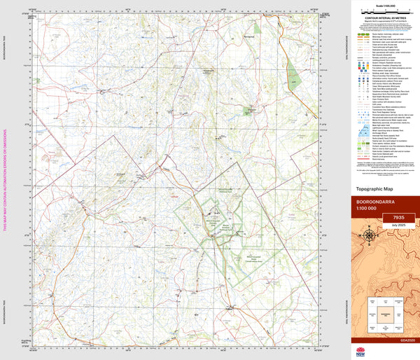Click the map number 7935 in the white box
point(399,218)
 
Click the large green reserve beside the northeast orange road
point(295,77)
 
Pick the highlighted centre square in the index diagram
point(383,315)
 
